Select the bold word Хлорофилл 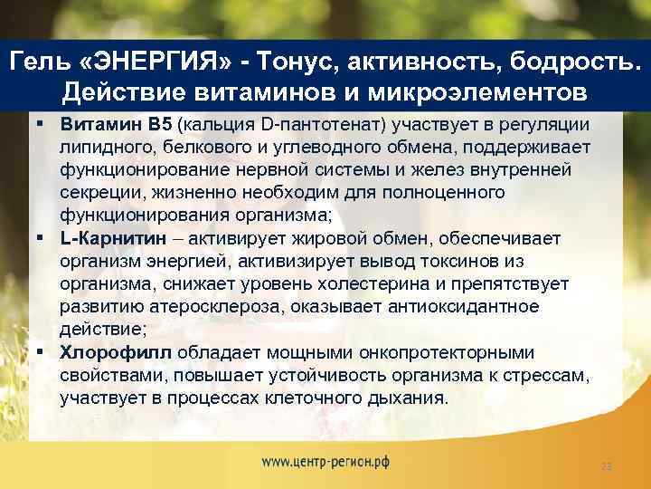(x=118, y=352)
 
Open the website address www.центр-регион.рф (x=325, y=460)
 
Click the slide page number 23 (x=607, y=466)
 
